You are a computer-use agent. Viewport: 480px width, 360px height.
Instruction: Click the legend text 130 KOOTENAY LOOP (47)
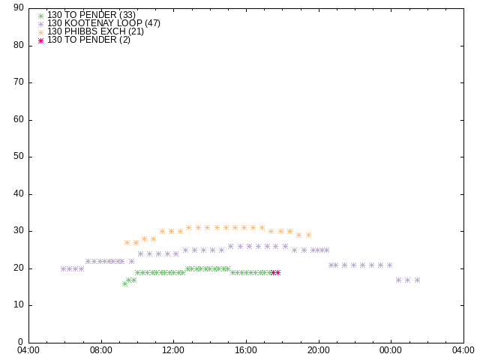(x=103, y=23)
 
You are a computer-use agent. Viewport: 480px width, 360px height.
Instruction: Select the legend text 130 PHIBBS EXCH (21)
(x=95, y=31)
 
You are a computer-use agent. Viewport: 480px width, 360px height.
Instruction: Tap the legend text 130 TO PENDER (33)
(x=91, y=15)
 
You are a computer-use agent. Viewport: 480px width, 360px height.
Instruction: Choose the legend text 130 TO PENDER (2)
(x=88, y=40)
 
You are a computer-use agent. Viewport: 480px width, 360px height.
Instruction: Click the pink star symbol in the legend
(x=41, y=40)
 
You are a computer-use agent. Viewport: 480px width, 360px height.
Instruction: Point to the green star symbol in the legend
(x=41, y=16)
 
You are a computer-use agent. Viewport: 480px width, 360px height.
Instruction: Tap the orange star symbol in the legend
(x=41, y=32)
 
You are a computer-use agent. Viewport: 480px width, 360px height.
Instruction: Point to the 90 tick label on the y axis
(x=19, y=8)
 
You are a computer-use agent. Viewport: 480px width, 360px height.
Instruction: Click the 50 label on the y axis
(x=19, y=157)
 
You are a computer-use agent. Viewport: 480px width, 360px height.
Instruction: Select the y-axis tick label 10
(x=19, y=305)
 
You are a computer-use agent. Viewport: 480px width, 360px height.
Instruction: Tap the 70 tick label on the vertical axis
(x=19, y=82)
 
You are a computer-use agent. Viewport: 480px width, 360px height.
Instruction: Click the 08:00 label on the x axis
(x=101, y=350)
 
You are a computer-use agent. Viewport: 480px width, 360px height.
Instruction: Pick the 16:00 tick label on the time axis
(x=246, y=350)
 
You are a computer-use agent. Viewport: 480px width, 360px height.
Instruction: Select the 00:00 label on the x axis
(x=391, y=350)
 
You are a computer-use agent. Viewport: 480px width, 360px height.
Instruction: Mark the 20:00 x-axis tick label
(x=319, y=350)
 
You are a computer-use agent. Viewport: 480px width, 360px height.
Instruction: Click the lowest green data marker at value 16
(x=124, y=283)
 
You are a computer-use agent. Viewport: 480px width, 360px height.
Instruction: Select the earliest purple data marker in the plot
(x=63, y=268)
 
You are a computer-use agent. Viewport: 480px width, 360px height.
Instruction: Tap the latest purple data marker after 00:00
(x=417, y=280)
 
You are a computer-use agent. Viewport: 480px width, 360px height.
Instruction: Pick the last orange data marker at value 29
(x=308, y=235)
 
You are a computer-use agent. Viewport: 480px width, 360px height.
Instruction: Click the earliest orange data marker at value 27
(x=127, y=242)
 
